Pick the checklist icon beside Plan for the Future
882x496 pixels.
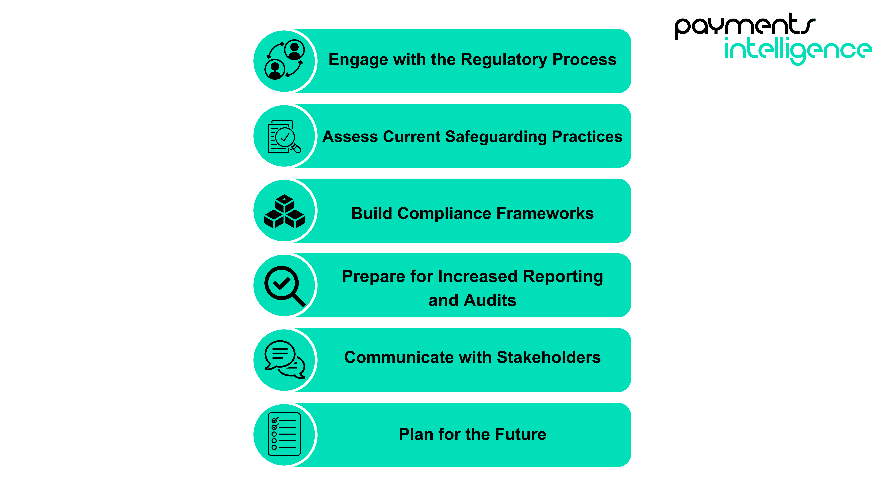pyautogui.click(x=284, y=434)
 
